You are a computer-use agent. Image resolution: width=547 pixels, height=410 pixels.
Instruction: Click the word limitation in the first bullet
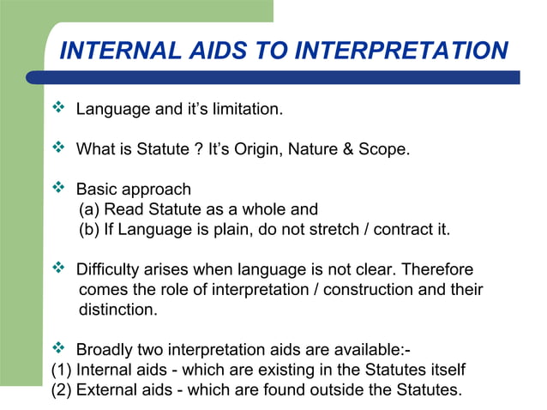pos(246,111)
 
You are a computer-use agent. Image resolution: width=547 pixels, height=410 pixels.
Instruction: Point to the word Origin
pos(275,150)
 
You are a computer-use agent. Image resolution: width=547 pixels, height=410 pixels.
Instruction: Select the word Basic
pos(96,190)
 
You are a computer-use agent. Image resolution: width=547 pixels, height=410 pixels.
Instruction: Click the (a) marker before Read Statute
pos(89,209)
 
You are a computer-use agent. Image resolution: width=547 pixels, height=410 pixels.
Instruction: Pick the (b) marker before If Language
pos(89,230)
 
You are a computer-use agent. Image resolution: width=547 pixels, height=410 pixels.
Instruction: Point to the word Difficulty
pos(108,269)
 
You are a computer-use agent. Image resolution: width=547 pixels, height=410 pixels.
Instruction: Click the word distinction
pos(117,310)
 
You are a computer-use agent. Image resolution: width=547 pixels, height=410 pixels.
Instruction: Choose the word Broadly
pos(105,350)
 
